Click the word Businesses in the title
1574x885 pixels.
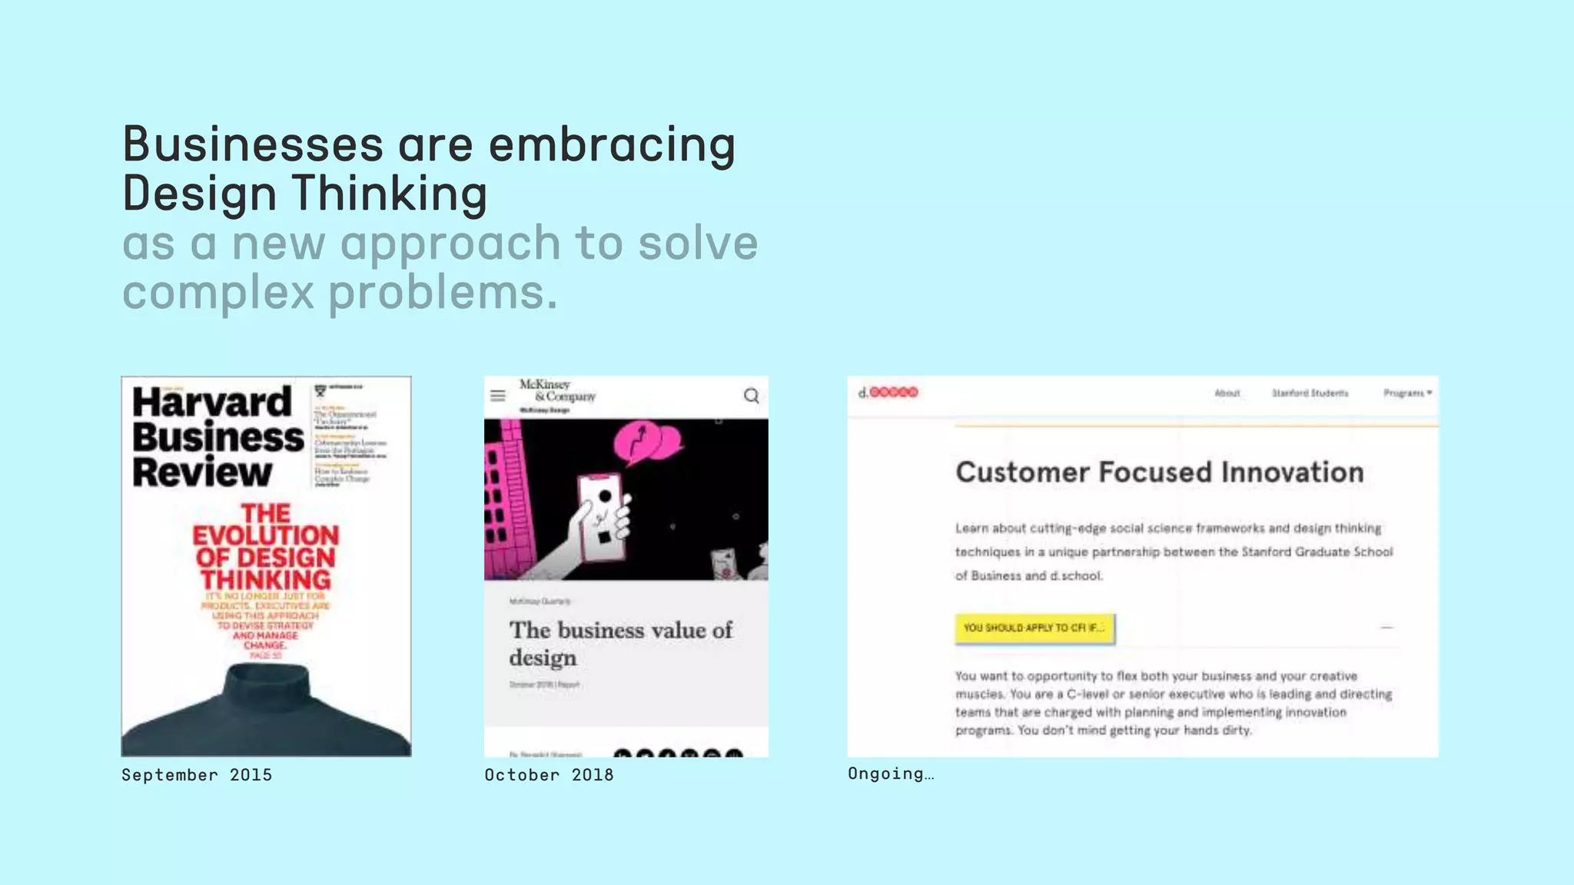point(253,144)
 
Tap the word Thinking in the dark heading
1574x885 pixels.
point(390,193)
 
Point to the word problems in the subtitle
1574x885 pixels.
point(443,293)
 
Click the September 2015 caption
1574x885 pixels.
point(197,775)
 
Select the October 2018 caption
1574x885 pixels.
point(549,775)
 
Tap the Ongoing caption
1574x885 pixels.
point(891,774)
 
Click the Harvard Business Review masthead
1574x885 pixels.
point(217,437)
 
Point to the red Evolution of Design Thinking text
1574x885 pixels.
point(266,547)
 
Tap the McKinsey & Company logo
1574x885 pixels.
point(558,391)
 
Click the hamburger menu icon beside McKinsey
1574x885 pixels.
point(498,396)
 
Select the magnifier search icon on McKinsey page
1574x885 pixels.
point(751,396)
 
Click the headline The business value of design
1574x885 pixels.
point(620,644)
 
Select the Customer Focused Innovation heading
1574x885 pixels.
point(1159,472)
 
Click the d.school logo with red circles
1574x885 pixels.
point(888,393)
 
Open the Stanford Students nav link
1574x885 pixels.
point(1310,393)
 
